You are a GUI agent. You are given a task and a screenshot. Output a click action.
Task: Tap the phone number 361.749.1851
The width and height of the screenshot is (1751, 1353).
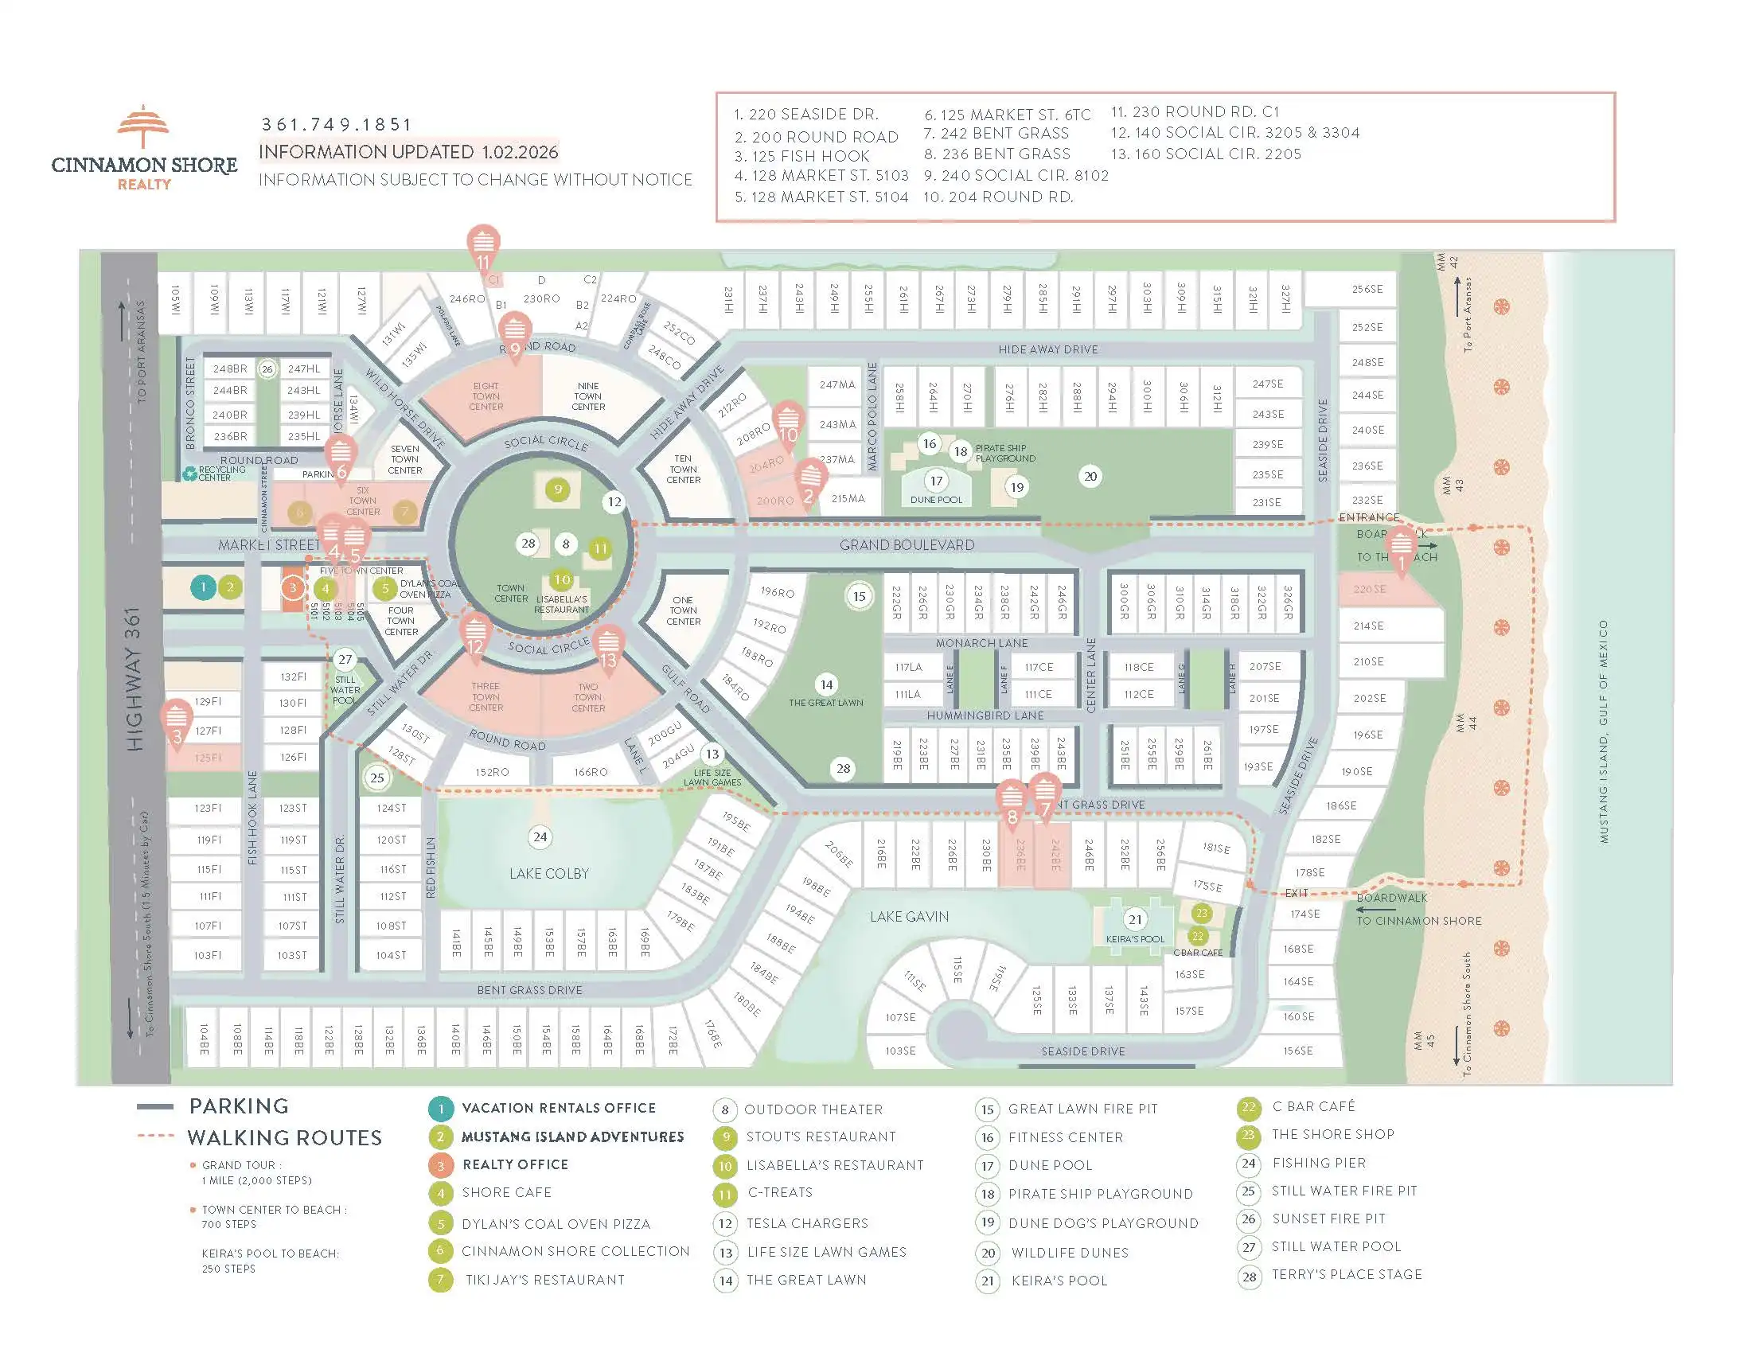pyautogui.click(x=336, y=125)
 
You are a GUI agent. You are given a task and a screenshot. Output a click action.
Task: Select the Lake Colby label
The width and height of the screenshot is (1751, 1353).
pyautogui.click(x=548, y=873)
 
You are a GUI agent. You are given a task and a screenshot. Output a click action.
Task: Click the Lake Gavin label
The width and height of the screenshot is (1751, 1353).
pyautogui.click(x=909, y=916)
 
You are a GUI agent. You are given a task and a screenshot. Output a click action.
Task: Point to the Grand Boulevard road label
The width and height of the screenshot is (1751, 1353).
pyautogui.click(x=907, y=545)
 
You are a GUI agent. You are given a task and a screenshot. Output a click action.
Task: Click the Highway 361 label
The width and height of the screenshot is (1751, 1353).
pyautogui.click(x=134, y=679)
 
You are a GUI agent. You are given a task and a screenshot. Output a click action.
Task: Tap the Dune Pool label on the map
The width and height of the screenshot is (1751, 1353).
pyautogui.click(x=936, y=499)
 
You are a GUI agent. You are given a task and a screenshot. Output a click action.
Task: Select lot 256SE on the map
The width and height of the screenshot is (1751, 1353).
pyautogui.click(x=1366, y=290)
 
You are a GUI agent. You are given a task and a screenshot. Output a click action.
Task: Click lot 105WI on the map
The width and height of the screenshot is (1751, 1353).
pyautogui.click(x=176, y=301)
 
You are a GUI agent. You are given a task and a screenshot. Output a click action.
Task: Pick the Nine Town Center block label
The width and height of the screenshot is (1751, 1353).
pyautogui.click(x=587, y=396)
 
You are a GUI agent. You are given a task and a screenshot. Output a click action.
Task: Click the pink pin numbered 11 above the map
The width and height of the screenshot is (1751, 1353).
pyautogui.click(x=482, y=245)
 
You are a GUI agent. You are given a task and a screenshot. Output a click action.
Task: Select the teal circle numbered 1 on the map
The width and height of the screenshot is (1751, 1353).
pyautogui.click(x=203, y=587)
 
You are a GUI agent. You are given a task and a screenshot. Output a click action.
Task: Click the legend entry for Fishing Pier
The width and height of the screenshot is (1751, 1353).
pyautogui.click(x=1318, y=1162)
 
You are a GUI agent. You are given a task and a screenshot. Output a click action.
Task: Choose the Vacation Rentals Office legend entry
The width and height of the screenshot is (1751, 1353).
pyautogui.click(x=558, y=1108)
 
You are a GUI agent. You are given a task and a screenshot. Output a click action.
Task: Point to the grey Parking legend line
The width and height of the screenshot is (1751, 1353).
pyautogui.click(x=154, y=1107)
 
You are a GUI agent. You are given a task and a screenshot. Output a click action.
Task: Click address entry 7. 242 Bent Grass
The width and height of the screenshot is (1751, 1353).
pyautogui.click(x=996, y=134)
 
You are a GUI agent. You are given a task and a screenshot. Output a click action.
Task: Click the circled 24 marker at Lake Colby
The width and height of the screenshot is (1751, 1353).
pyautogui.click(x=540, y=836)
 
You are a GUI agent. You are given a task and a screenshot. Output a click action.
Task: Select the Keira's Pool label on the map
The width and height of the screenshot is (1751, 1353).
pyautogui.click(x=1134, y=938)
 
